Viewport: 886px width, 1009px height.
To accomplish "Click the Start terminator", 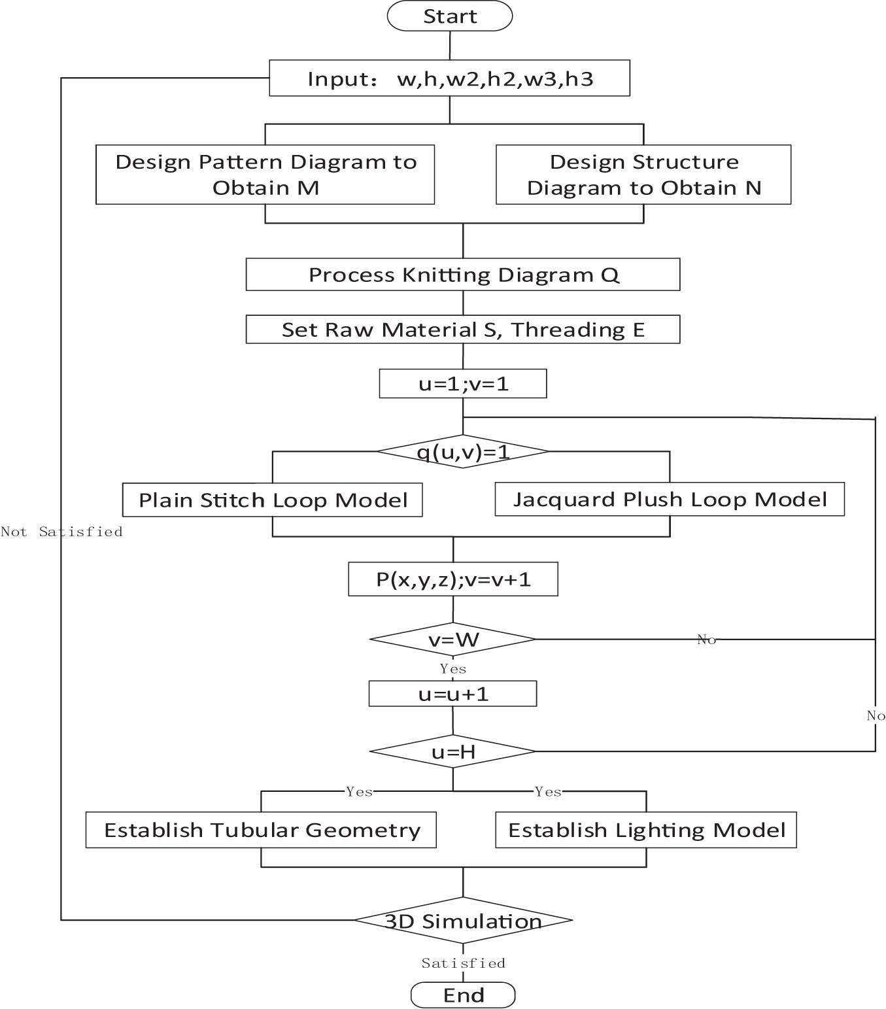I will point(449,16).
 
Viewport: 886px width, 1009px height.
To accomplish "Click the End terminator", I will point(463,995).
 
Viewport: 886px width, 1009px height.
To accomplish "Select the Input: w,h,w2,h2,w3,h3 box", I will point(449,78).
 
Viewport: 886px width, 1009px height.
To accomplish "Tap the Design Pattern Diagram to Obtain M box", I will point(265,175).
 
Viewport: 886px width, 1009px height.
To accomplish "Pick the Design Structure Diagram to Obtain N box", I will point(643,175).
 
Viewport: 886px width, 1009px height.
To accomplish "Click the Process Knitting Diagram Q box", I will point(463,275).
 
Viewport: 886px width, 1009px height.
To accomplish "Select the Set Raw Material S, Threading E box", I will point(463,330).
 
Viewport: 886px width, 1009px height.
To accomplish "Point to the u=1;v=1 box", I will point(463,384).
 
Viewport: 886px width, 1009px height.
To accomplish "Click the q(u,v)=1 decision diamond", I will point(463,451).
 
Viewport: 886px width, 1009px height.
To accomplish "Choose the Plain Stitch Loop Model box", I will point(272,500).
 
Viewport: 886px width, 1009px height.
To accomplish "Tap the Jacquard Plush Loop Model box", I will point(670,500).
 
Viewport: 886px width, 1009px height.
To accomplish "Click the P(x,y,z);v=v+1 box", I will point(453,579).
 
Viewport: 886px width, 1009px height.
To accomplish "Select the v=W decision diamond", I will point(453,640).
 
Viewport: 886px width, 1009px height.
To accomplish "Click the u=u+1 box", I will point(453,694).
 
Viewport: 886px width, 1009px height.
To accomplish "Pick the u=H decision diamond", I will point(453,752).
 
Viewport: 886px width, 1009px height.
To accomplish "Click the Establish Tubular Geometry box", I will point(261,830).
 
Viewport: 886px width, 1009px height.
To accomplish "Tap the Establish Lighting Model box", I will point(646,830).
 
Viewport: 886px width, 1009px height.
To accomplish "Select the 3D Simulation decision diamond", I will point(463,921).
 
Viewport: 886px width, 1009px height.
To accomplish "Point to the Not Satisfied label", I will point(61,532).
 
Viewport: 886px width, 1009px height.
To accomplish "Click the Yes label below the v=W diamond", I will point(453,669).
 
